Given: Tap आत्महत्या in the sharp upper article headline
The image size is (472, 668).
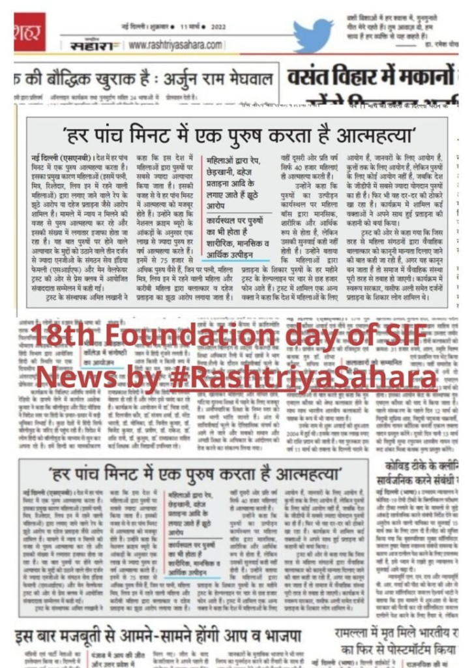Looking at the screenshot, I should point(383,137).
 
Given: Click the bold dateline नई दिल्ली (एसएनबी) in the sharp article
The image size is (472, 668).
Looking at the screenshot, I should point(57,159).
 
